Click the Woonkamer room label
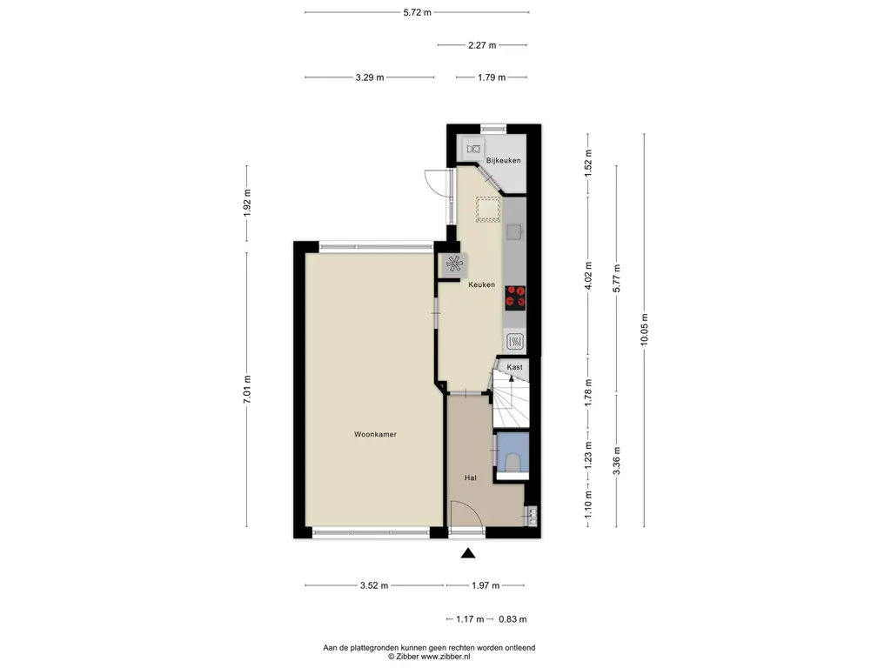pos(375,434)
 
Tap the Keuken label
pos(481,284)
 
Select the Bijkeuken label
pos(503,160)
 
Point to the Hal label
pos(471,478)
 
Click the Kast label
pos(514,367)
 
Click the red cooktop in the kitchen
pos(515,297)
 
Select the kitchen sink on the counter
pos(515,231)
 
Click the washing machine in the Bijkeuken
pos(472,150)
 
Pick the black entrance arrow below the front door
pos(467,552)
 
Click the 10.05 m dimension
pos(644,330)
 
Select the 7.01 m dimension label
pos(246,390)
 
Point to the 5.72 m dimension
pos(417,12)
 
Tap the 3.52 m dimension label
pos(374,585)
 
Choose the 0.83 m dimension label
pos(512,619)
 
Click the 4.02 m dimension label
pos(588,276)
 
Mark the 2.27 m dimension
pos(482,45)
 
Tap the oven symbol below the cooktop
pos(514,341)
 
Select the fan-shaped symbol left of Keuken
pos(454,264)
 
